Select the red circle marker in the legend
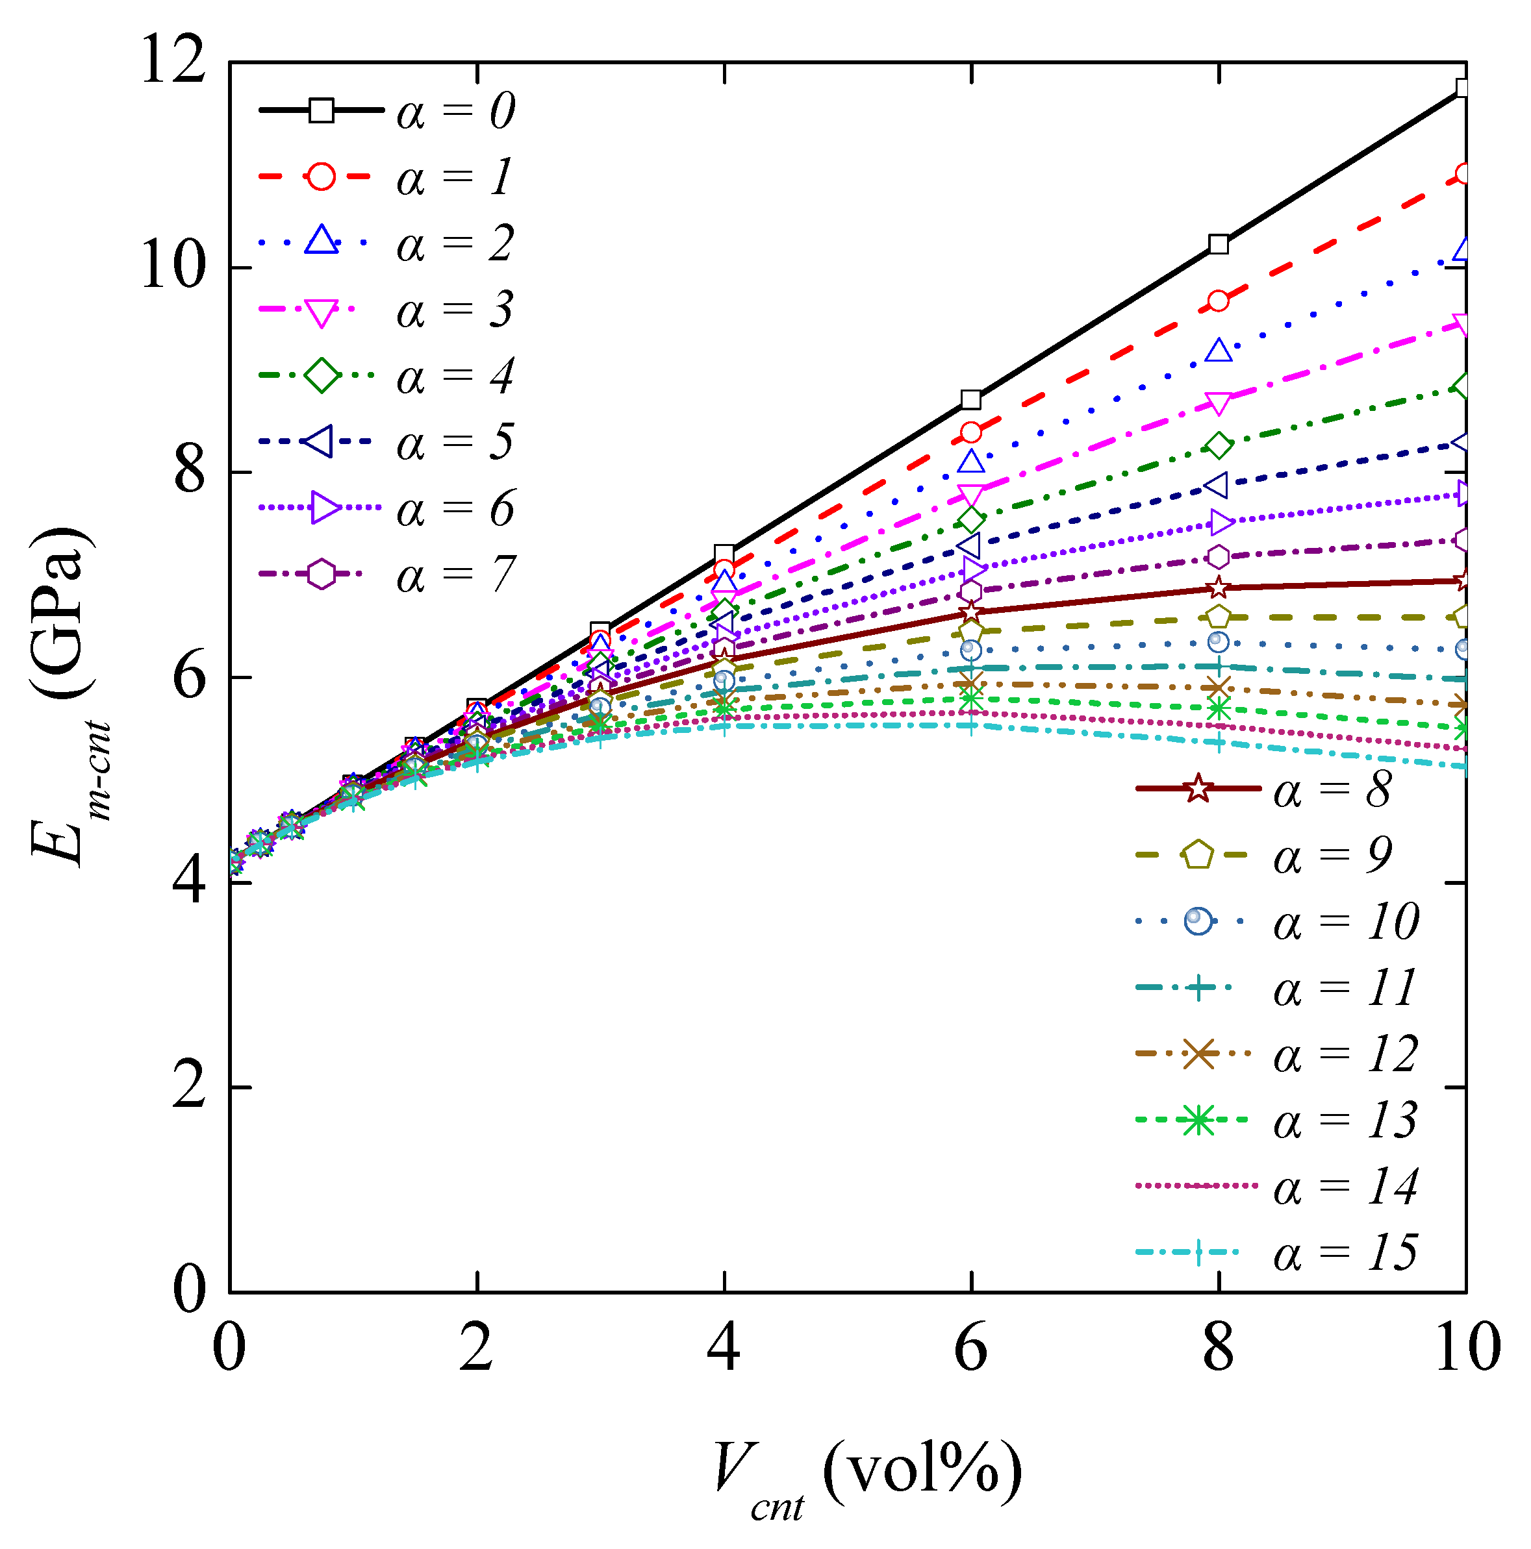[x=321, y=177]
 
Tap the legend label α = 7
[x=455, y=575]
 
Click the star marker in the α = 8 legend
[x=1197, y=789]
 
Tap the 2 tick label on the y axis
[x=189, y=1088]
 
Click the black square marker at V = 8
[x=1218, y=243]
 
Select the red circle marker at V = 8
[x=1218, y=301]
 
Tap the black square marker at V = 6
[x=970, y=399]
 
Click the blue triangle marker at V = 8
[x=1218, y=351]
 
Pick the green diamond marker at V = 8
[x=1218, y=446]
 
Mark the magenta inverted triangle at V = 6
[x=970, y=495]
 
